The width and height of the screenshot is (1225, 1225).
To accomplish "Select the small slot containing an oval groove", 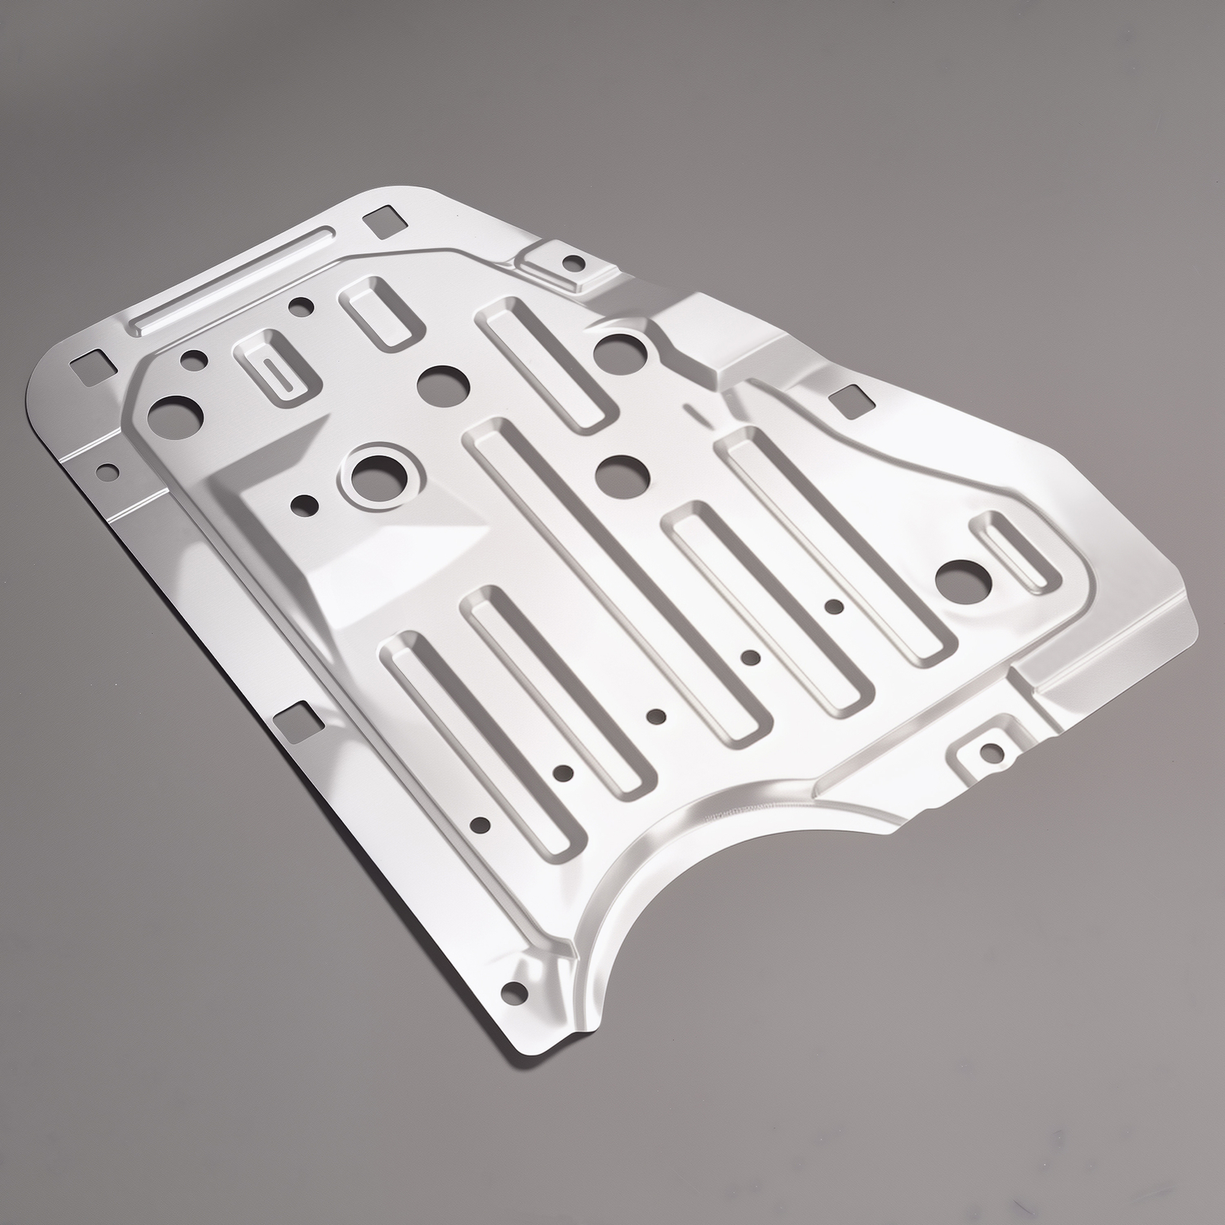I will pos(276,366).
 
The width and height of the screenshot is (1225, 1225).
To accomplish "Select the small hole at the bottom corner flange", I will pos(509,993).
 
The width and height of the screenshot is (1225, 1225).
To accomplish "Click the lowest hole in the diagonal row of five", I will pos(480,825).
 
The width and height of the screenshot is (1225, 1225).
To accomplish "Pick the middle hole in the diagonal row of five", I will pos(655,716).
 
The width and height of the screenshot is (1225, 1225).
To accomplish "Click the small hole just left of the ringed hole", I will pos(305,504).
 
